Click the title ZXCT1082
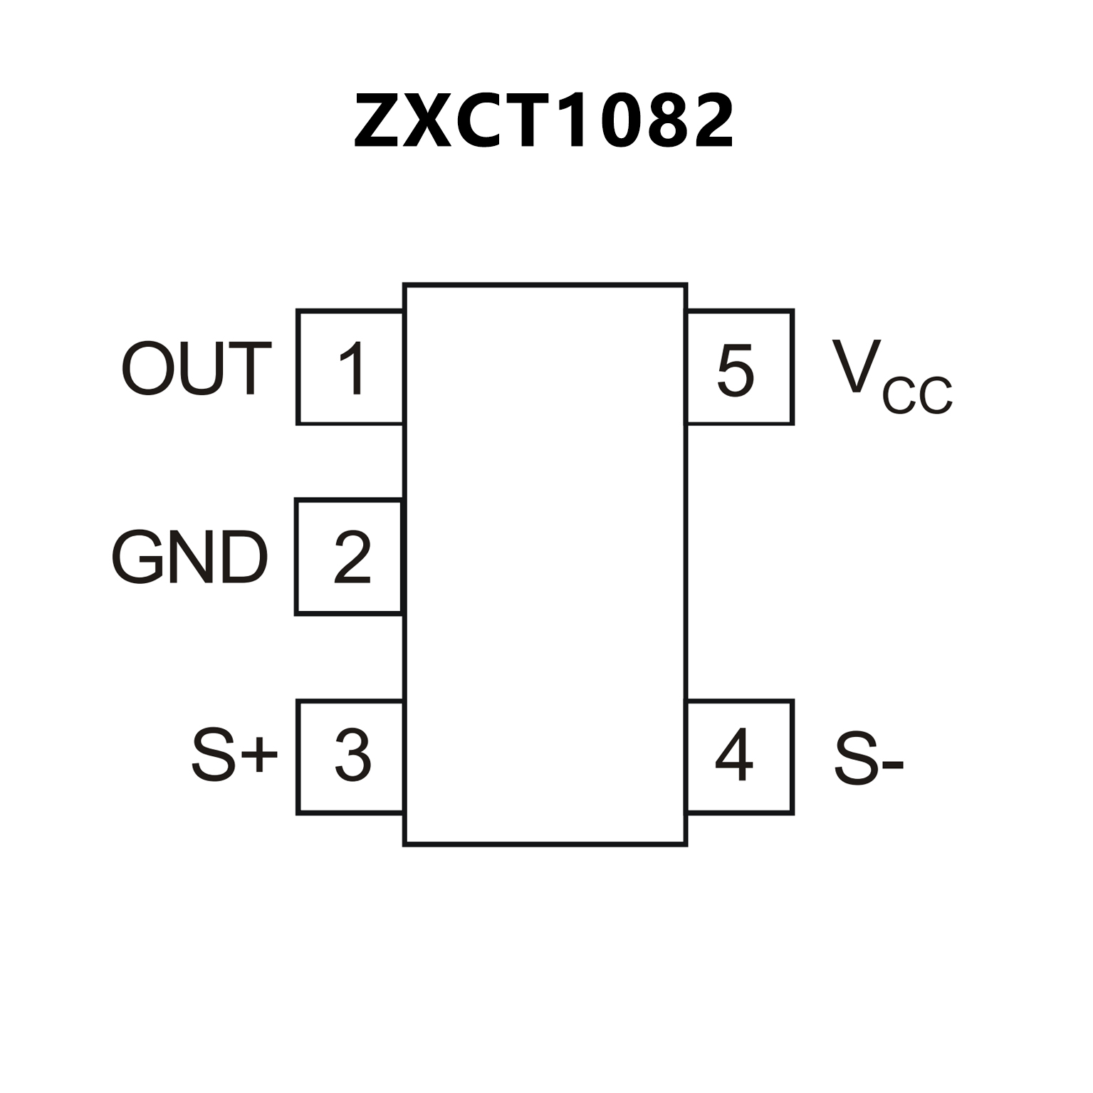[x=543, y=121]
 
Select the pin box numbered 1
[x=350, y=367]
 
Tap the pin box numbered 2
[x=349, y=557]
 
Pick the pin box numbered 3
[x=350, y=756]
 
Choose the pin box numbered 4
[x=739, y=756]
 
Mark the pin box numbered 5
[x=739, y=367]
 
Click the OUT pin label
[x=197, y=368]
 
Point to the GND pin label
[x=189, y=558]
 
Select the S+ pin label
[x=234, y=756]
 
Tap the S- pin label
[x=868, y=760]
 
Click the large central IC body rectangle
[x=545, y=564]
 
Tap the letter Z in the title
[x=376, y=121]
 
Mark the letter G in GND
[x=137, y=558]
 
